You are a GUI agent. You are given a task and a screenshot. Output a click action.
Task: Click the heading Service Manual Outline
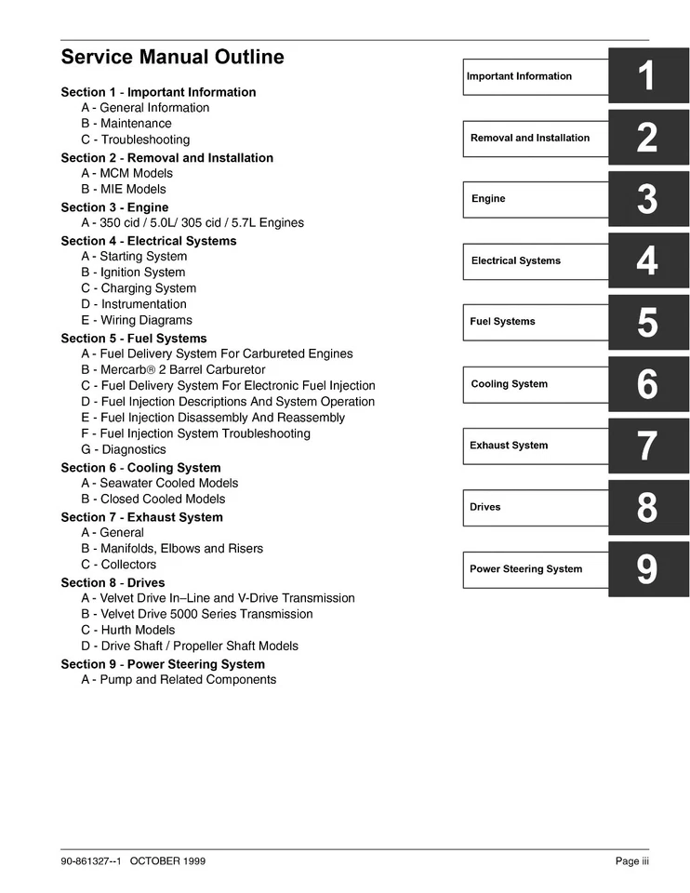[172, 58]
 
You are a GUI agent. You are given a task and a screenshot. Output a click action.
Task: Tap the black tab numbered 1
[648, 76]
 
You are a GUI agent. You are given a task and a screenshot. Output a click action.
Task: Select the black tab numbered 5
[648, 323]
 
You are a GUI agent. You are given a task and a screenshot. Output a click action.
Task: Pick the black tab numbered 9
[648, 569]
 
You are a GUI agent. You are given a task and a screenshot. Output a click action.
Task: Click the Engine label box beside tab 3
[536, 199]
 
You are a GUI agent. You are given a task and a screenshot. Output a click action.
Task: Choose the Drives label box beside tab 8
[536, 508]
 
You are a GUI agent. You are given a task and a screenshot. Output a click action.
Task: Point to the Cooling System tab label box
[536, 384]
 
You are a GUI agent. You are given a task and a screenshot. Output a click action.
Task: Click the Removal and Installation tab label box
[536, 138]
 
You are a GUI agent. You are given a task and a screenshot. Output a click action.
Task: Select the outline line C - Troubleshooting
[136, 140]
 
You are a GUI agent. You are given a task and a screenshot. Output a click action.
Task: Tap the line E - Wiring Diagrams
[137, 320]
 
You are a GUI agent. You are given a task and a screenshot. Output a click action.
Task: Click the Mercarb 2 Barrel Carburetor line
[173, 369]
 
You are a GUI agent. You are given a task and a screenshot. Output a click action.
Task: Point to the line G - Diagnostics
[124, 449]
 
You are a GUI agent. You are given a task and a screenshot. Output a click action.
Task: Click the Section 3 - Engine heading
[114, 207]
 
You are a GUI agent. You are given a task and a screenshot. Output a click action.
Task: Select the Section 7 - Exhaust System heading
[141, 517]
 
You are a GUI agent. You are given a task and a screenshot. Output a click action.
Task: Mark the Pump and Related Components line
[179, 680]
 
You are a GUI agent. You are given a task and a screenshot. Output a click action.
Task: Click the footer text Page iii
[631, 861]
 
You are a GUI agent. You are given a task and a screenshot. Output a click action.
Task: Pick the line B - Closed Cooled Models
[153, 499]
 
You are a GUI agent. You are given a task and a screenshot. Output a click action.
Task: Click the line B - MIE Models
[124, 189]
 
